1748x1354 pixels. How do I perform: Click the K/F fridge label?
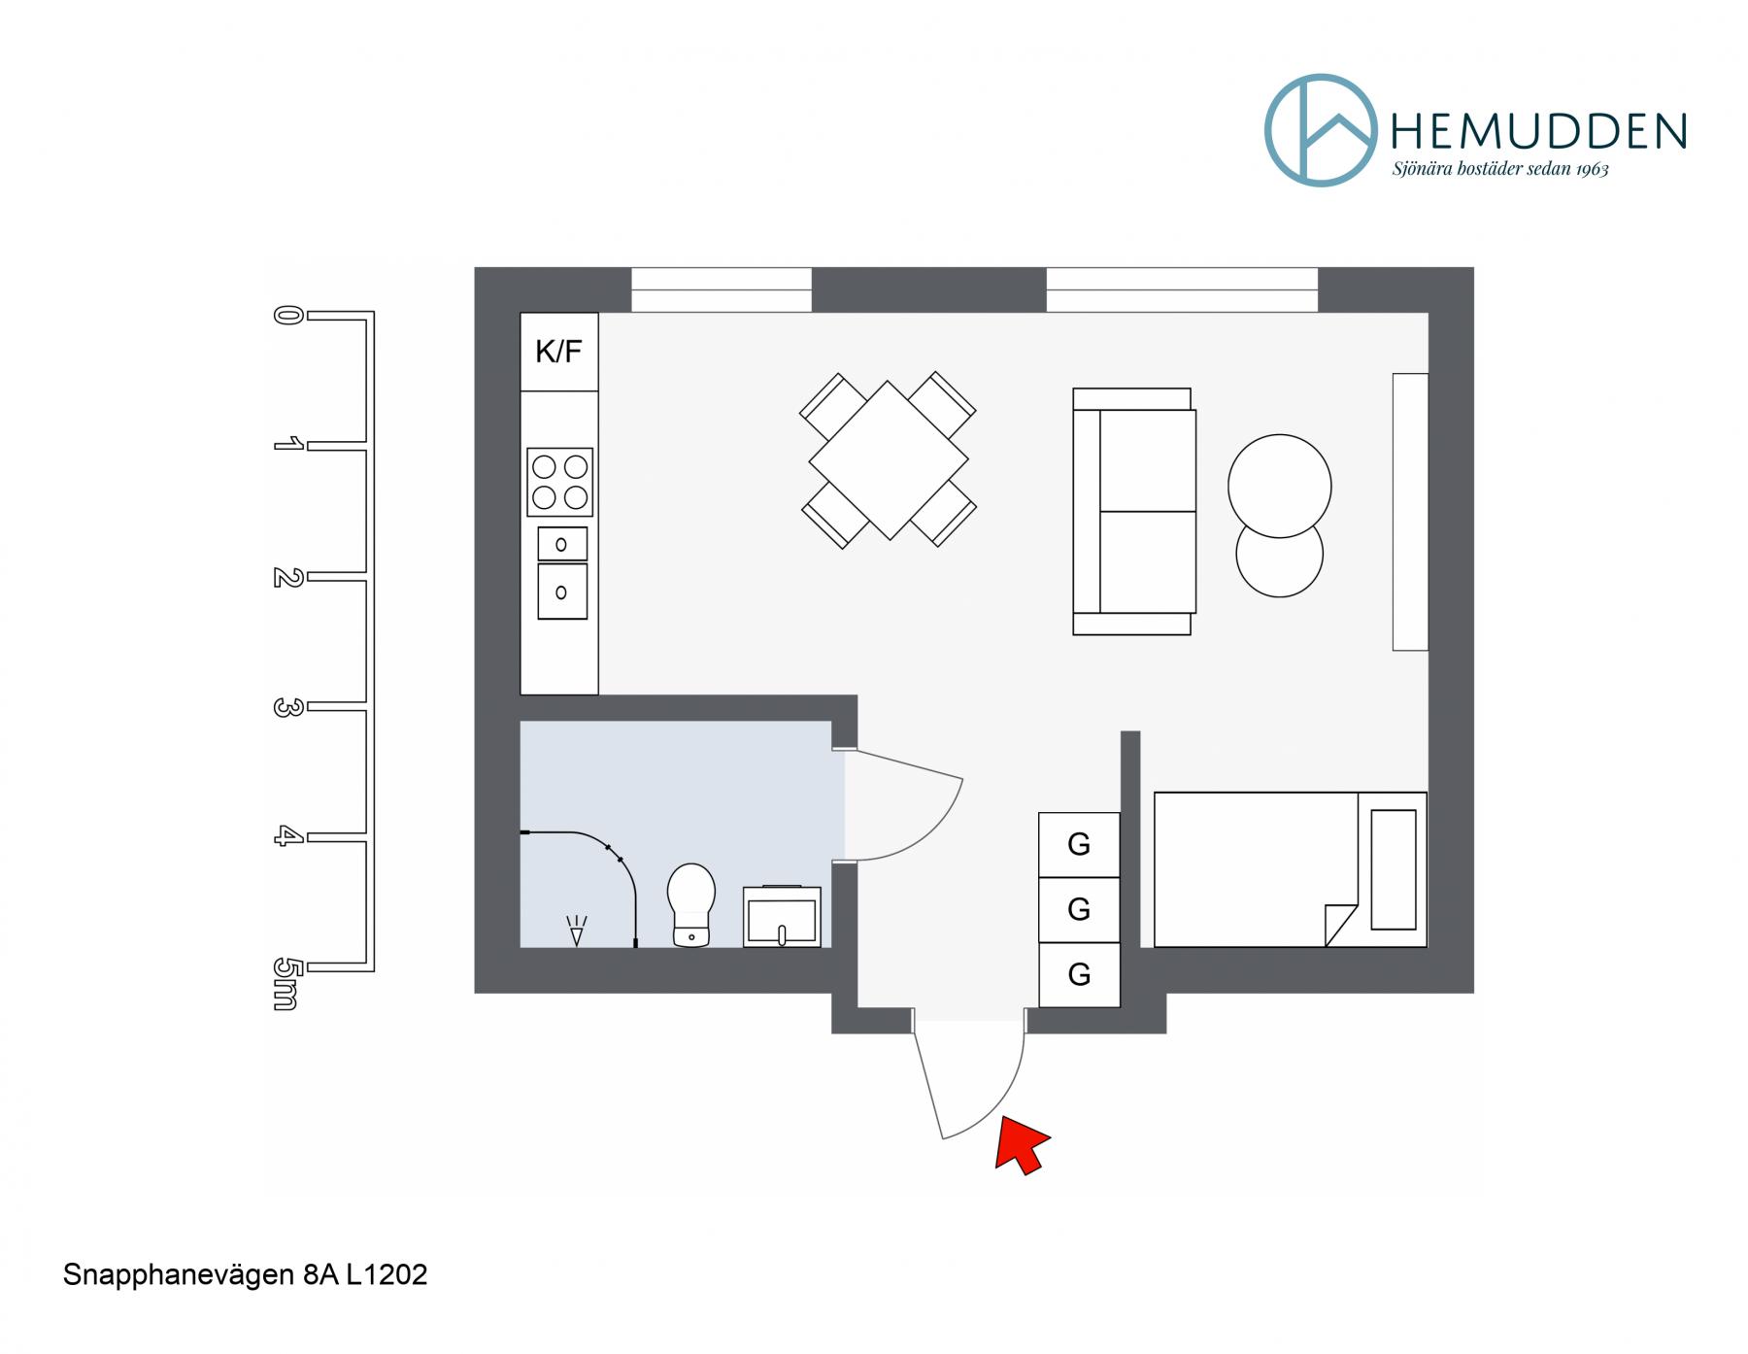(x=558, y=352)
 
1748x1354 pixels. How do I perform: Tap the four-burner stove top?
(x=560, y=482)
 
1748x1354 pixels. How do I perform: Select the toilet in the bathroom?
(x=690, y=904)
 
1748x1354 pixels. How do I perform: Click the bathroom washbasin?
(x=782, y=916)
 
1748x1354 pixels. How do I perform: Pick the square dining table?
(x=889, y=459)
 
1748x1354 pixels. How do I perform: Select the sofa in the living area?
(x=1133, y=512)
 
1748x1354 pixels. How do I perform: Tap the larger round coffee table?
(x=1279, y=486)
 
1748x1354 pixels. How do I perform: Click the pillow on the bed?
(x=1394, y=869)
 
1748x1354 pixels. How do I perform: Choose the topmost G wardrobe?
(x=1079, y=845)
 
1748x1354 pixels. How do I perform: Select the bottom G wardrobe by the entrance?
(x=1079, y=974)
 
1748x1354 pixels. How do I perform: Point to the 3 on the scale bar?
(x=285, y=707)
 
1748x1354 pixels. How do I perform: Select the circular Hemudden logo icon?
(x=1320, y=130)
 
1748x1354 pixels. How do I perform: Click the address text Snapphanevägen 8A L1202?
(x=245, y=1274)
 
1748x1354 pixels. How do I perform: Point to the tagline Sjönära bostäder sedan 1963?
(x=1500, y=169)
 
